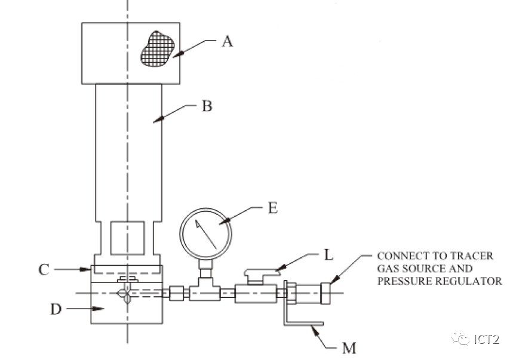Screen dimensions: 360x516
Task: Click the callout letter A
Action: (227, 41)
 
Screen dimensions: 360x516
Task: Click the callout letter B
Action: (207, 107)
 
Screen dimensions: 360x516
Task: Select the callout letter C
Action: (44, 270)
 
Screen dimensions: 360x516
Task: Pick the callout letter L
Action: (327, 255)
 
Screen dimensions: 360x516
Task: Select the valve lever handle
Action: (261, 273)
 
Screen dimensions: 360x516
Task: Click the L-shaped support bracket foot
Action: (303, 324)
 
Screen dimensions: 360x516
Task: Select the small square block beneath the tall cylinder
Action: (128, 238)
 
